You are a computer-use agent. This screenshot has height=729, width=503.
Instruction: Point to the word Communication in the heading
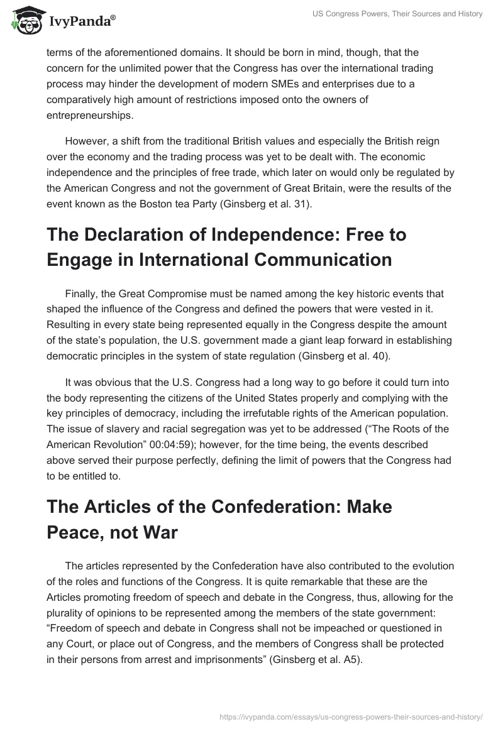(313, 260)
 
